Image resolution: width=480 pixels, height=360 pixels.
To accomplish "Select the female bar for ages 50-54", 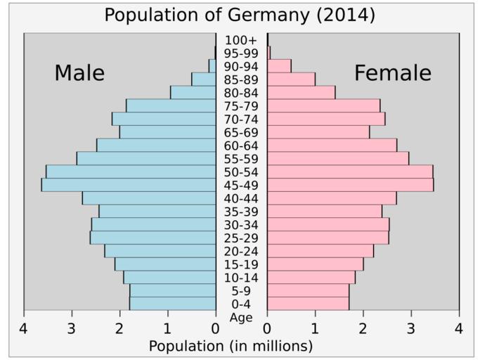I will click(350, 172).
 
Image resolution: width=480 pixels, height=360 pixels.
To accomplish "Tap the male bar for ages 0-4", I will click(172, 304).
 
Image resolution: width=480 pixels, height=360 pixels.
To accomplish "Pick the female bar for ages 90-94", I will click(280, 66).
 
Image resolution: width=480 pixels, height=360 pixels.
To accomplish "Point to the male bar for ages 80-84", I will click(193, 92).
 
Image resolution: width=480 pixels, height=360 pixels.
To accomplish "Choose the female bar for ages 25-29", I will click(328, 238).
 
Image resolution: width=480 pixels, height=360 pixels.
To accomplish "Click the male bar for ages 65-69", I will click(167, 132).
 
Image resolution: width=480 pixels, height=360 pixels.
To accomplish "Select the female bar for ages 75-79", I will click(324, 105).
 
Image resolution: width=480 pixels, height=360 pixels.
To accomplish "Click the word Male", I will click(79, 73).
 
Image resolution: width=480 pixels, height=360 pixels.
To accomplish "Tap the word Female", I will click(392, 73).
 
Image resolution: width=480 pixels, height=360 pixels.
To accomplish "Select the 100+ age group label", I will click(241, 40).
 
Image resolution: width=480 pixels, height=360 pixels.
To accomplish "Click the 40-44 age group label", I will click(241, 198).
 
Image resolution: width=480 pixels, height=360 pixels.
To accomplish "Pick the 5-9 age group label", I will click(241, 291).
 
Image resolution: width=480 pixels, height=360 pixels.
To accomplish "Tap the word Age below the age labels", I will click(241, 318).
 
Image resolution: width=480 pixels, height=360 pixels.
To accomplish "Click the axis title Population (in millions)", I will click(231, 346).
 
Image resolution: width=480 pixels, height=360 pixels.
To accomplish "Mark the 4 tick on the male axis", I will click(24, 328).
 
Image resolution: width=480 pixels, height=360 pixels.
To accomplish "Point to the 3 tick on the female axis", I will click(411, 328).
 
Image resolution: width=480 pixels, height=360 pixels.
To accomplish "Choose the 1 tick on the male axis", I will click(167, 328).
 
